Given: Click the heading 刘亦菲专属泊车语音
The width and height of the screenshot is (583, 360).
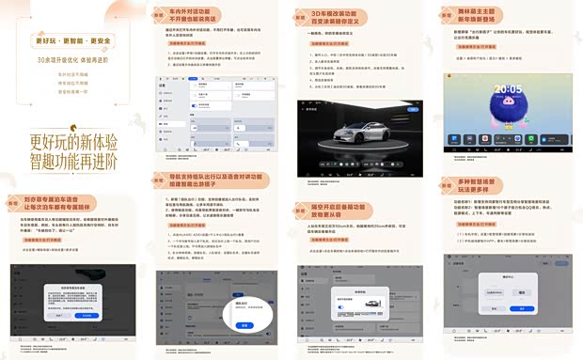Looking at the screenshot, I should [x=62, y=201].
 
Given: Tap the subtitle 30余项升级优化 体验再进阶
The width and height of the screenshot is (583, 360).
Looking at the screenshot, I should [x=72, y=58].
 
